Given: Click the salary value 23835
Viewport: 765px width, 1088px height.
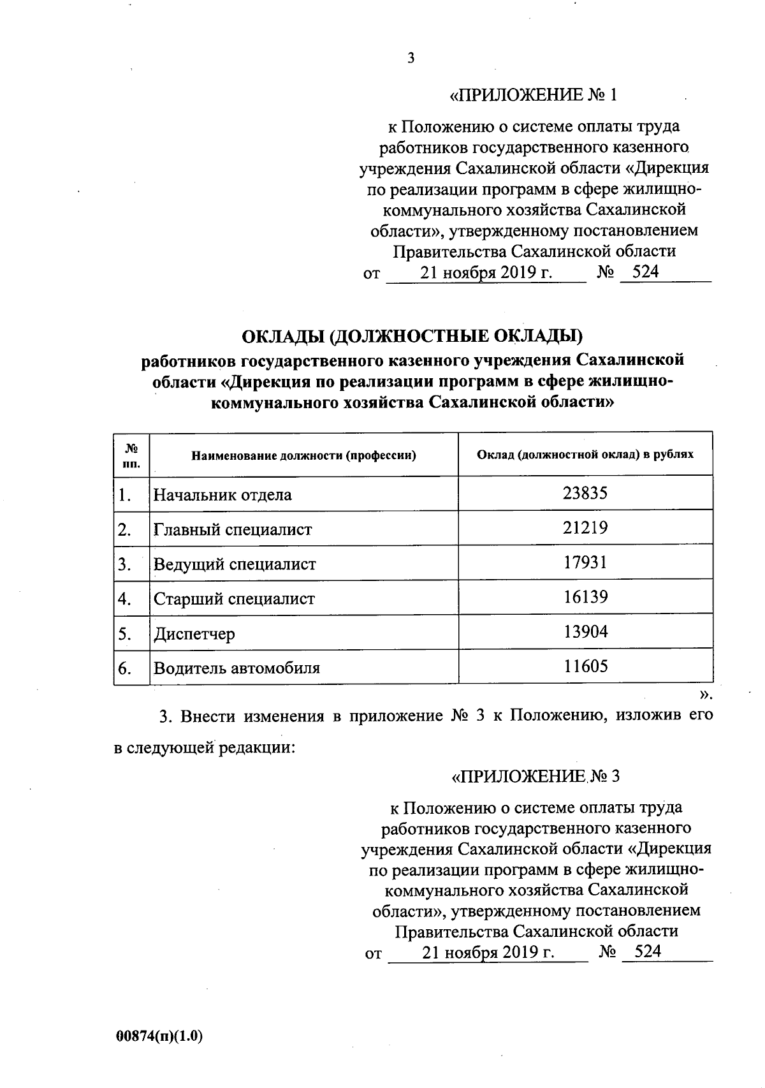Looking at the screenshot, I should point(585,493).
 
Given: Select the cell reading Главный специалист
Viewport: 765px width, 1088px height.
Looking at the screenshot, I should point(233,529).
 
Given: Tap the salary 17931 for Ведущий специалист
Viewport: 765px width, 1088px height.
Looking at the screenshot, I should point(585,562).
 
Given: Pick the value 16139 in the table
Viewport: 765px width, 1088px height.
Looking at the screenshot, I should point(585,597).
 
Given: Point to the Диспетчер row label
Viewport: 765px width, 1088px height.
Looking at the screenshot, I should point(194,634).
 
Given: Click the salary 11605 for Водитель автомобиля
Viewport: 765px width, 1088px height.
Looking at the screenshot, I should point(585,667).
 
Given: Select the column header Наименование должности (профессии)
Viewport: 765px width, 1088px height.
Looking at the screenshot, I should point(304,455).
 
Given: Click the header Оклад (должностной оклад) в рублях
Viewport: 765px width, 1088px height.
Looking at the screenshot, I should point(585,454).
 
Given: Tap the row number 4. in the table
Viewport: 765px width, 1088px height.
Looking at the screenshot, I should point(125,599).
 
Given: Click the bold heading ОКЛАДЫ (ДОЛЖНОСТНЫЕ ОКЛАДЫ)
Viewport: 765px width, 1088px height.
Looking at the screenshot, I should point(413,335).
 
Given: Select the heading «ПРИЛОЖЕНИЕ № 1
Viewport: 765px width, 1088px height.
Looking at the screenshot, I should point(534,95).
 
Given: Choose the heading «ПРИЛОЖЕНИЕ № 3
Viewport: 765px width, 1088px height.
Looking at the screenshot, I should point(535,776).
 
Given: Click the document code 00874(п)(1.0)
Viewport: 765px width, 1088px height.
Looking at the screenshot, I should point(159,1036).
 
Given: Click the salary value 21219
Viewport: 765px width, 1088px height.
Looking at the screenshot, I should point(585,527).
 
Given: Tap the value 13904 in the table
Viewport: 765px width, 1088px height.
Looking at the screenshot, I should point(585,631).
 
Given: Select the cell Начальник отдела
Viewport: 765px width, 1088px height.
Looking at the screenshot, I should point(222,495).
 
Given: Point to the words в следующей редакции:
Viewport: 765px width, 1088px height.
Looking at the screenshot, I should point(205,747).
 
